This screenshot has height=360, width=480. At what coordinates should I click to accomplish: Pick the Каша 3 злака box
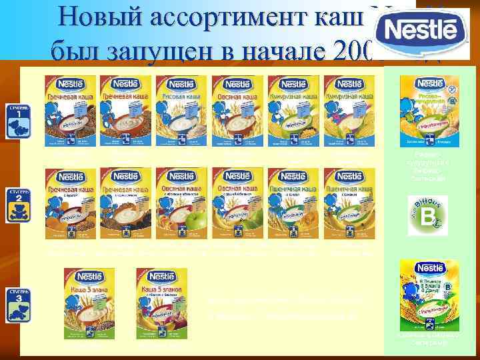89,304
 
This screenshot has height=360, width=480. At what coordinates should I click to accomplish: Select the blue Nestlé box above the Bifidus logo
429,111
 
